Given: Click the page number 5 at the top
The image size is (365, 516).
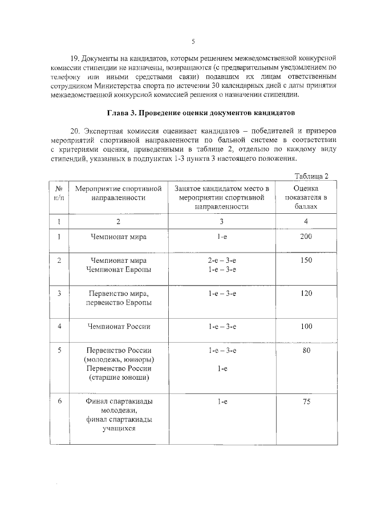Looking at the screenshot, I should point(193,42).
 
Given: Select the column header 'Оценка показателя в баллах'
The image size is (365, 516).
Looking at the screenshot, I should point(306,197).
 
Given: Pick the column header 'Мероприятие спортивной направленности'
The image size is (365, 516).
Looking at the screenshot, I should point(119,193).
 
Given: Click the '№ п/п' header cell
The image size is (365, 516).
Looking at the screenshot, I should point(58,193).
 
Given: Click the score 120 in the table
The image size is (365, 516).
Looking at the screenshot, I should point(306,294).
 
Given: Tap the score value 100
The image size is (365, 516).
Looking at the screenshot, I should point(306,327).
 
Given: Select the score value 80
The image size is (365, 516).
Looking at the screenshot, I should point(306,351).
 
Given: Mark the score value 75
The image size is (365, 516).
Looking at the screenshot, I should point(306,402).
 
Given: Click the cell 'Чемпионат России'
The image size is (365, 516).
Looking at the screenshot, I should point(119,327).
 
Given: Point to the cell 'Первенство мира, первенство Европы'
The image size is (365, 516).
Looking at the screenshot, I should point(119,298).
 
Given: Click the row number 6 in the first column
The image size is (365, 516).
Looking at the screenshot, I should point(59,402).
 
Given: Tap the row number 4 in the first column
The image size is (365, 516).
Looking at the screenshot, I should point(59,327).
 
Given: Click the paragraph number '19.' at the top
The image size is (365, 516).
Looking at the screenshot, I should point(75,59).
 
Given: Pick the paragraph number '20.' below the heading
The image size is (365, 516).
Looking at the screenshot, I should point(75,131).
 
